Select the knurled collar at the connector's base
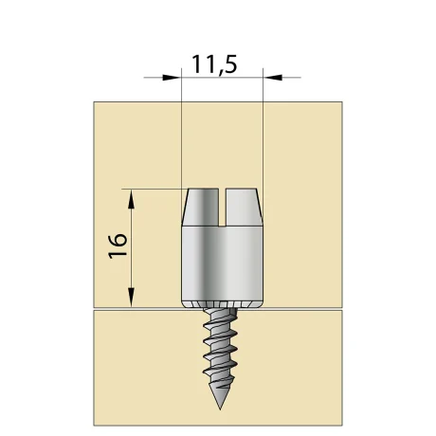tap(221, 302)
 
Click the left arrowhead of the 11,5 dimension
tap(174, 77)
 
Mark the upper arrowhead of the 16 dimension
tap(132, 194)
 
